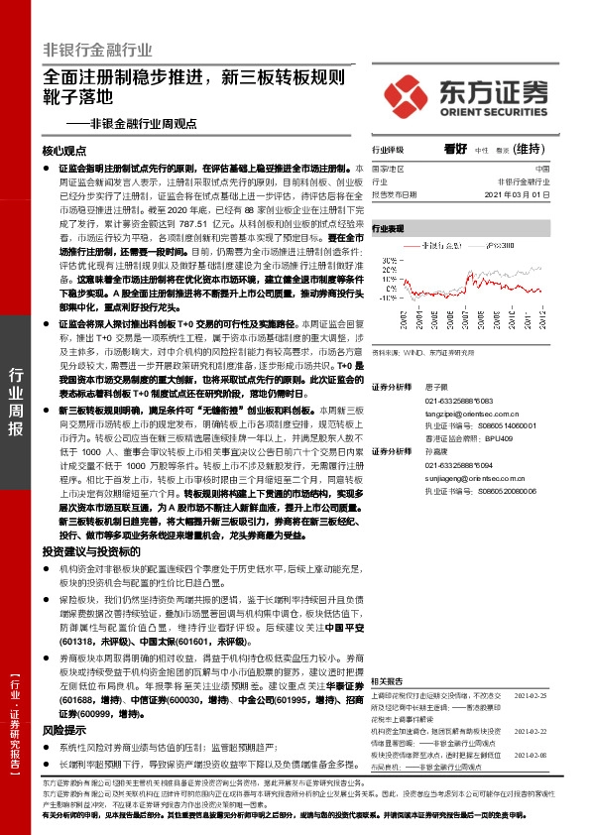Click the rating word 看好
(455, 149)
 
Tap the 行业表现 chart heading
(388, 228)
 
